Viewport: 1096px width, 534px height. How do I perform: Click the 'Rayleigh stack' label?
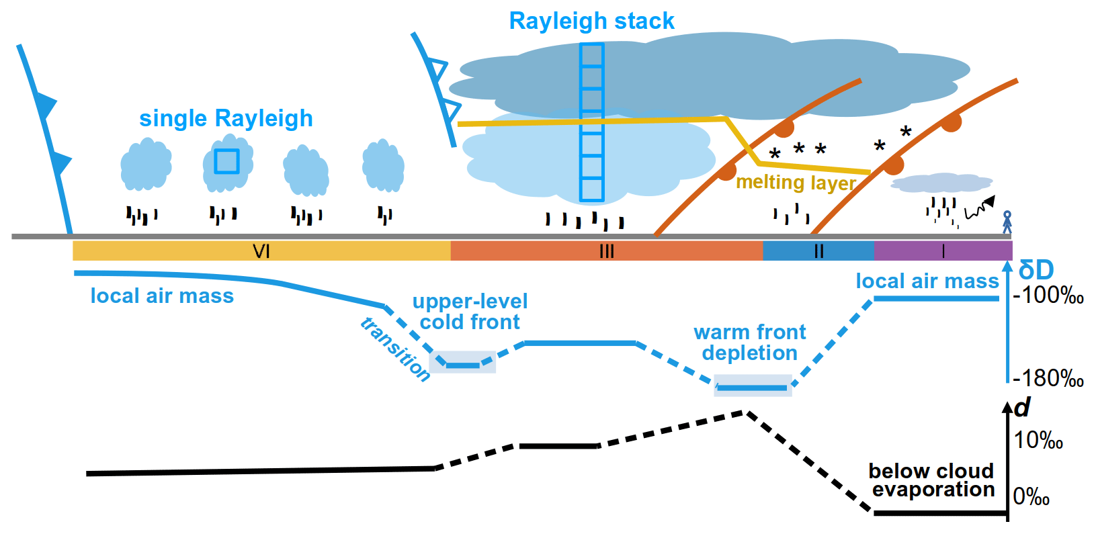pyautogui.click(x=591, y=21)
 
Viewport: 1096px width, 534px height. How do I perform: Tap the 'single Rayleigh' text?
pyautogui.click(x=226, y=118)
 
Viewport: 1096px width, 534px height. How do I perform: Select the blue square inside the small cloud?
pyautogui.click(x=227, y=161)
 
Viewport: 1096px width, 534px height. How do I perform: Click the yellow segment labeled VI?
pyautogui.click(x=261, y=251)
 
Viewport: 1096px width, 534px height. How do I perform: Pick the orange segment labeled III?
pyautogui.click(x=606, y=251)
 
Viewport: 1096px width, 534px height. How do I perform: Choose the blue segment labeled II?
pyautogui.click(x=818, y=251)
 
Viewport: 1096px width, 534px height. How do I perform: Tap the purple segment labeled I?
pyautogui.click(x=943, y=251)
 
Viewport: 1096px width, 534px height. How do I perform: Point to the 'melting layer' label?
pyautogui.click(x=796, y=183)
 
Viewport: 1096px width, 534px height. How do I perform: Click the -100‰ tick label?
pyautogui.click(x=1048, y=296)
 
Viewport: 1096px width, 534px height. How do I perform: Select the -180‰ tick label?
pyautogui.click(x=1048, y=379)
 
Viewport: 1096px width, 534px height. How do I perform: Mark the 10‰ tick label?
pyautogui.click(x=1038, y=441)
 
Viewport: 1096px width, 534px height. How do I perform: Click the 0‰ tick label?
pyautogui.click(x=1031, y=497)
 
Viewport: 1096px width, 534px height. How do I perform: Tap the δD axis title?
pyautogui.click(x=1036, y=270)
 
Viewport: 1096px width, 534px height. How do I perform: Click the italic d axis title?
pyautogui.click(x=1022, y=408)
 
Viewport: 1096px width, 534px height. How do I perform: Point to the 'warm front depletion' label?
pyautogui.click(x=749, y=343)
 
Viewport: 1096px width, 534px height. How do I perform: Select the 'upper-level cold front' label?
pyautogui.click(x=470, y=312)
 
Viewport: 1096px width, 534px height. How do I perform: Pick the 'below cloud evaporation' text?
pyautogui.click(x=932, y=480)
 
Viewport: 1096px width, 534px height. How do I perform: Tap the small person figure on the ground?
pyautogui.click(x=1007, y=222)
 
